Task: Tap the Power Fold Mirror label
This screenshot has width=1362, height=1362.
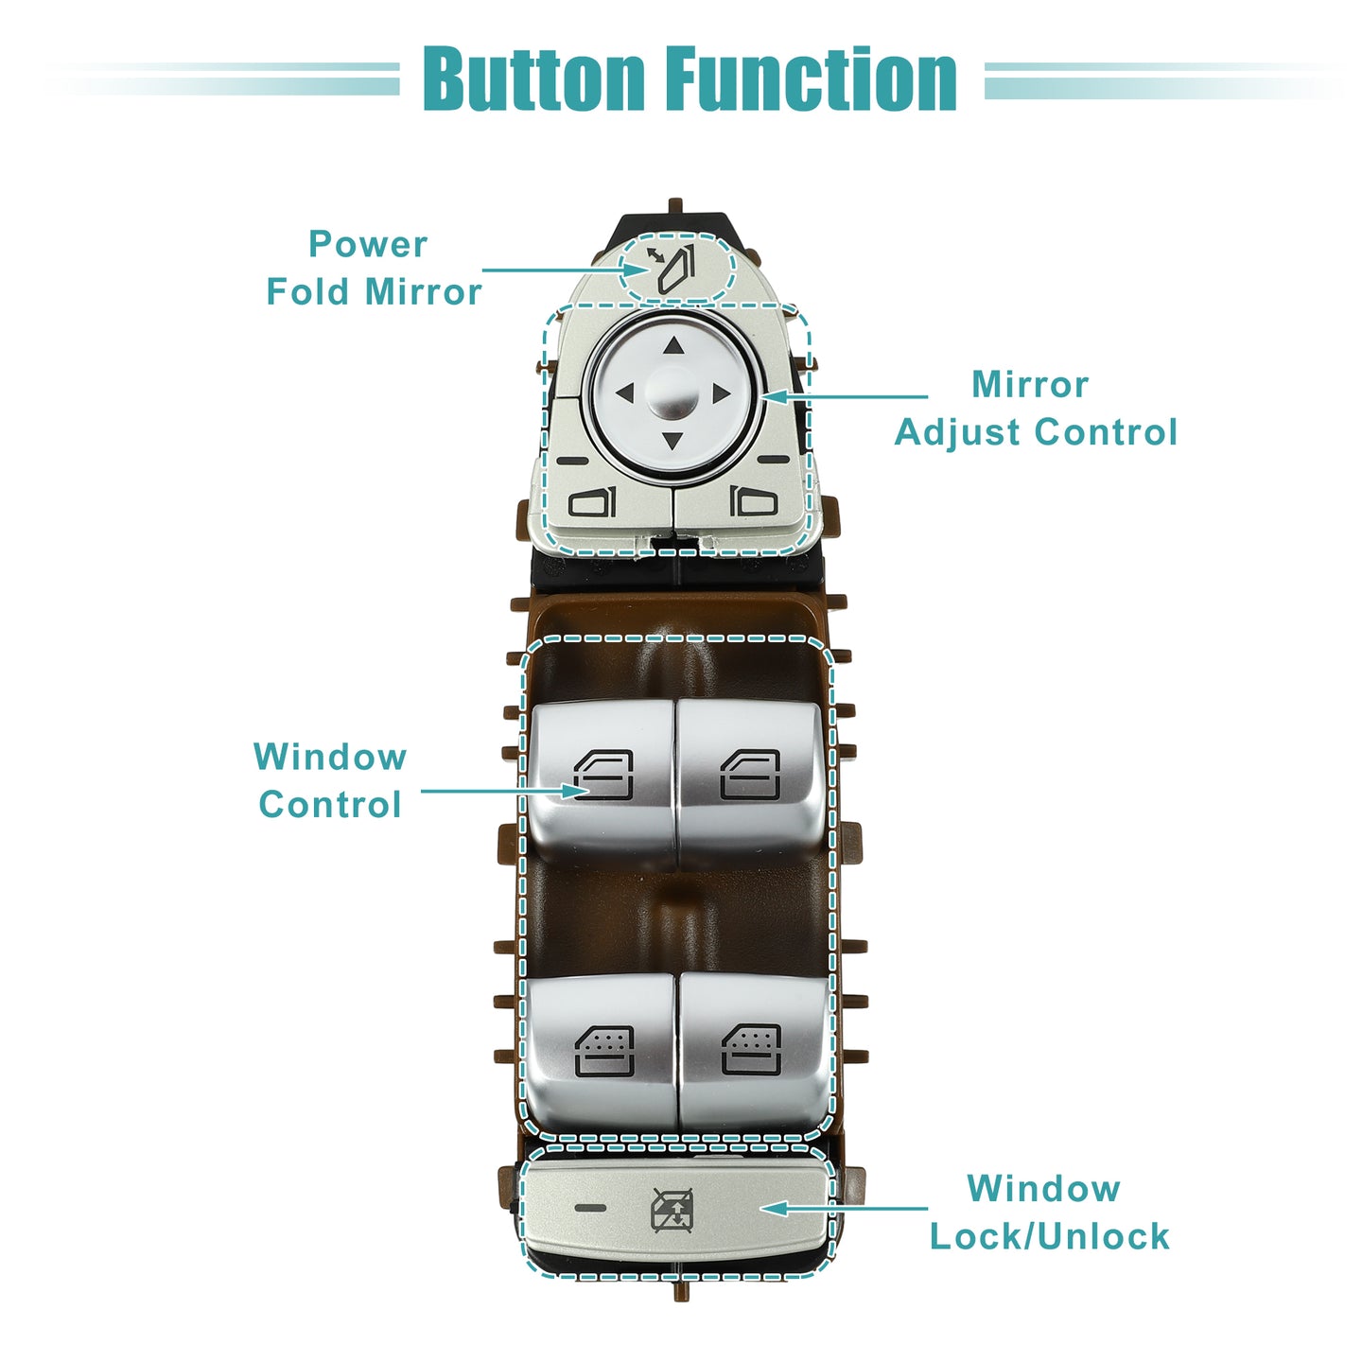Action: coord(374,268)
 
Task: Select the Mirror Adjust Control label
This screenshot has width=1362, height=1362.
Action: coord(1036,408)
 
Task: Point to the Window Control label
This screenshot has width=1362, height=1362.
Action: coord(330,780)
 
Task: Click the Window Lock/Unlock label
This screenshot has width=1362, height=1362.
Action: coord(1049,1213)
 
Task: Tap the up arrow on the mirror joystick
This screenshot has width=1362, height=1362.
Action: coord(673,345)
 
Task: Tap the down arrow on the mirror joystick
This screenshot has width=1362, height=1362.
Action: coord(672,441)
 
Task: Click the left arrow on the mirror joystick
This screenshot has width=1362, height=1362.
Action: coord(625,393)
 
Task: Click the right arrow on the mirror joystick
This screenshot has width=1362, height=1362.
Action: coord(722,393)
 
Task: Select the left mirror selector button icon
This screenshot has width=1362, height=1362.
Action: coord(592,502)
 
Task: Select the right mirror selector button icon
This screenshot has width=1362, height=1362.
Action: coord(754,502)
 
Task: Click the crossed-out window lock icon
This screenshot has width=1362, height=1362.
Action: coord(672,1210)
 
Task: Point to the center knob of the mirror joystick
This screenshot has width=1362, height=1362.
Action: coord(672,394)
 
